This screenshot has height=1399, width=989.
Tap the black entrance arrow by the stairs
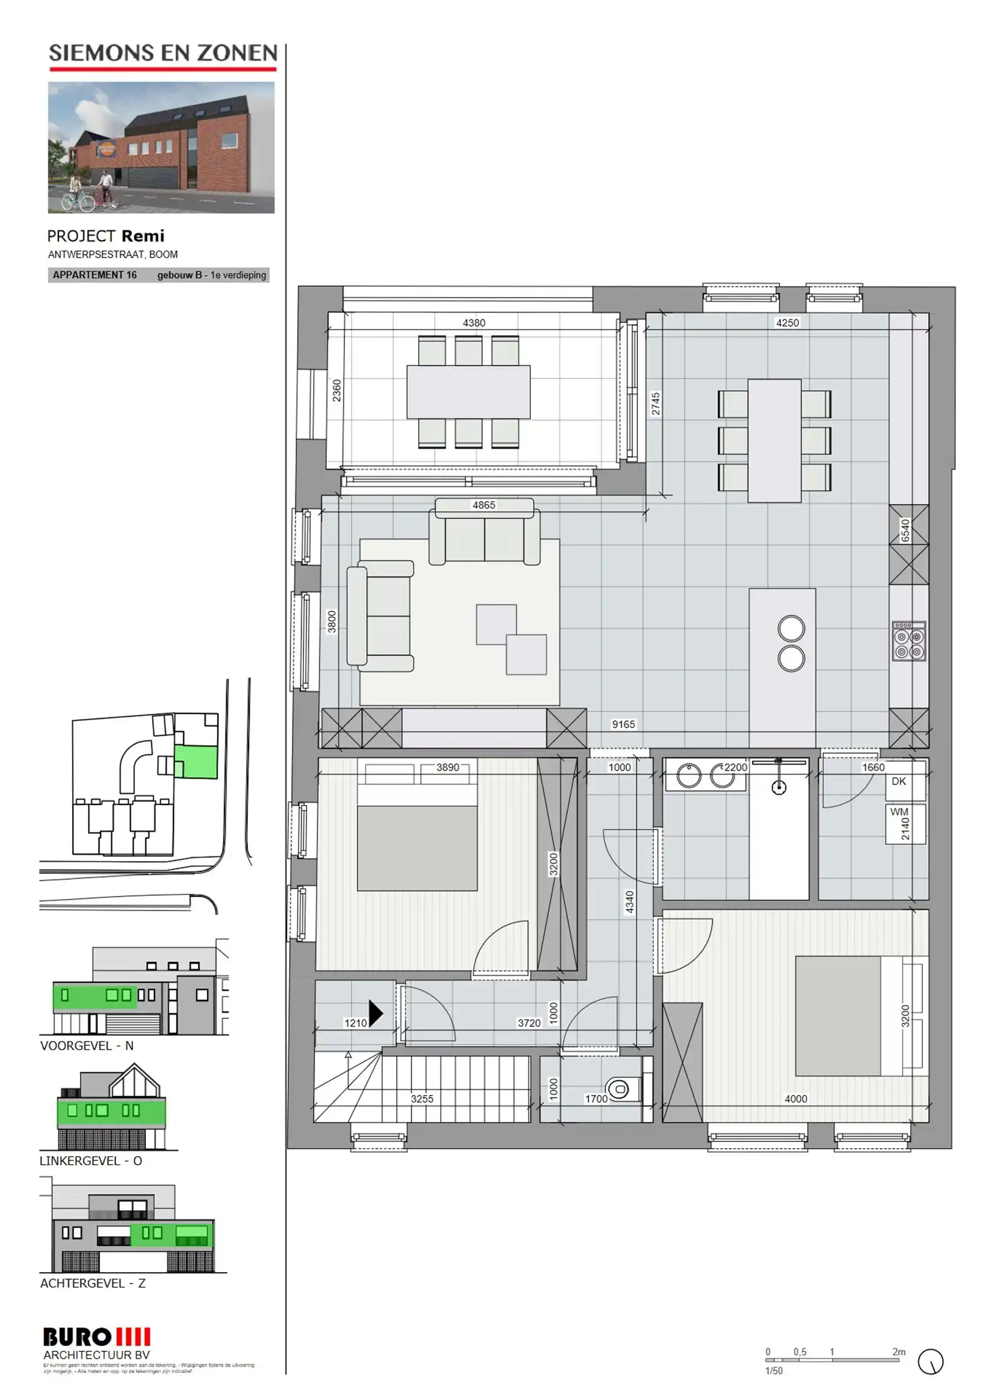coord(375,1013)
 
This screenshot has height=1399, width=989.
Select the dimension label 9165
coord(623,725)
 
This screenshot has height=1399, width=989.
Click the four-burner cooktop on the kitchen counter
coord(908,642)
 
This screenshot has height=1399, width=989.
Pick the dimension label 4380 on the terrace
coord(473,323)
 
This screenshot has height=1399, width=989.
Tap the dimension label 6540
coord(905,530)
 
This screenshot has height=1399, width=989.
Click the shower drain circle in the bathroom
coord(778,788)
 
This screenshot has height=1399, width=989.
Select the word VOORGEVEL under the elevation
coord(76,1046)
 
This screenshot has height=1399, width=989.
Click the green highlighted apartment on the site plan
coord(196,762)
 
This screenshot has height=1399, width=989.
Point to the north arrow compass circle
coord(930,1362)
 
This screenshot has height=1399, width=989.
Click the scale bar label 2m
coord(898,1352)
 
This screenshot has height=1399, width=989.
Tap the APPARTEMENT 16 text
coord(95,275)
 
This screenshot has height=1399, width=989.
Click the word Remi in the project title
coord(143,236)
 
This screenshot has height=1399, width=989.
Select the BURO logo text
coord(78,1337)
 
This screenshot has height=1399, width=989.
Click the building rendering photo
coord(161,148)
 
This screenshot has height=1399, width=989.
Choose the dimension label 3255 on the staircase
coord(421,1099)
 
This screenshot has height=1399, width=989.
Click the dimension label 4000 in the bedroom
coord(795,1099)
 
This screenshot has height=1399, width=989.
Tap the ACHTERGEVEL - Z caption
coord(93,1283)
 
